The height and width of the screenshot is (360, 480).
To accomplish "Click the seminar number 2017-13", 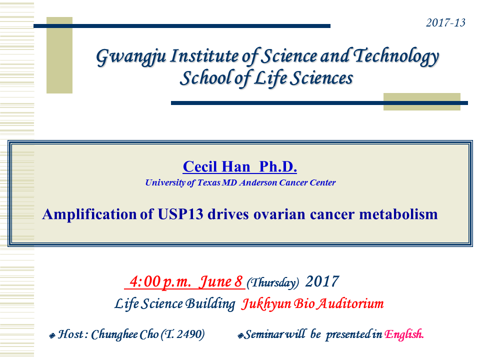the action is pos(445,22).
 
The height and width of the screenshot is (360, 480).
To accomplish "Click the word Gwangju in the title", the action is pos(131,57).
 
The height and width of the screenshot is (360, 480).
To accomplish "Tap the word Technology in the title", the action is pos(396,56).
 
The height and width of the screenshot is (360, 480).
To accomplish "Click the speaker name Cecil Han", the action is pos(216,167).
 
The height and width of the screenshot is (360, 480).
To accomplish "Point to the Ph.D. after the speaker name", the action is pos(278,167).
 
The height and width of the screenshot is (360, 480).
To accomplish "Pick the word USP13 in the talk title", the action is pos(180,214).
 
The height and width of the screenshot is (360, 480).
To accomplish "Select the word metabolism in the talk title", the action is pos(398,214).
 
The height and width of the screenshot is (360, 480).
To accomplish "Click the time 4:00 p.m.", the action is pos(160,281).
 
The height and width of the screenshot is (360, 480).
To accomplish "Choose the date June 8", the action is pos(220,281).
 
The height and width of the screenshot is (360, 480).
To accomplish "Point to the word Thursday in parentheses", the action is pos(273,282).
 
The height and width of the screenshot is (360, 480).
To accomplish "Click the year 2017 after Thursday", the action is pos(322,281).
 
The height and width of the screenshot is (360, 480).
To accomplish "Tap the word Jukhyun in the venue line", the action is pos(265,304).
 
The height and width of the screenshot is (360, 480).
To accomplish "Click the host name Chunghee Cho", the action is pos(125,334).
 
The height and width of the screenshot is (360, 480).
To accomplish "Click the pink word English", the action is pos(404,334).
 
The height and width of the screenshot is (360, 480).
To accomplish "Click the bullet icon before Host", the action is pos(52,336).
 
